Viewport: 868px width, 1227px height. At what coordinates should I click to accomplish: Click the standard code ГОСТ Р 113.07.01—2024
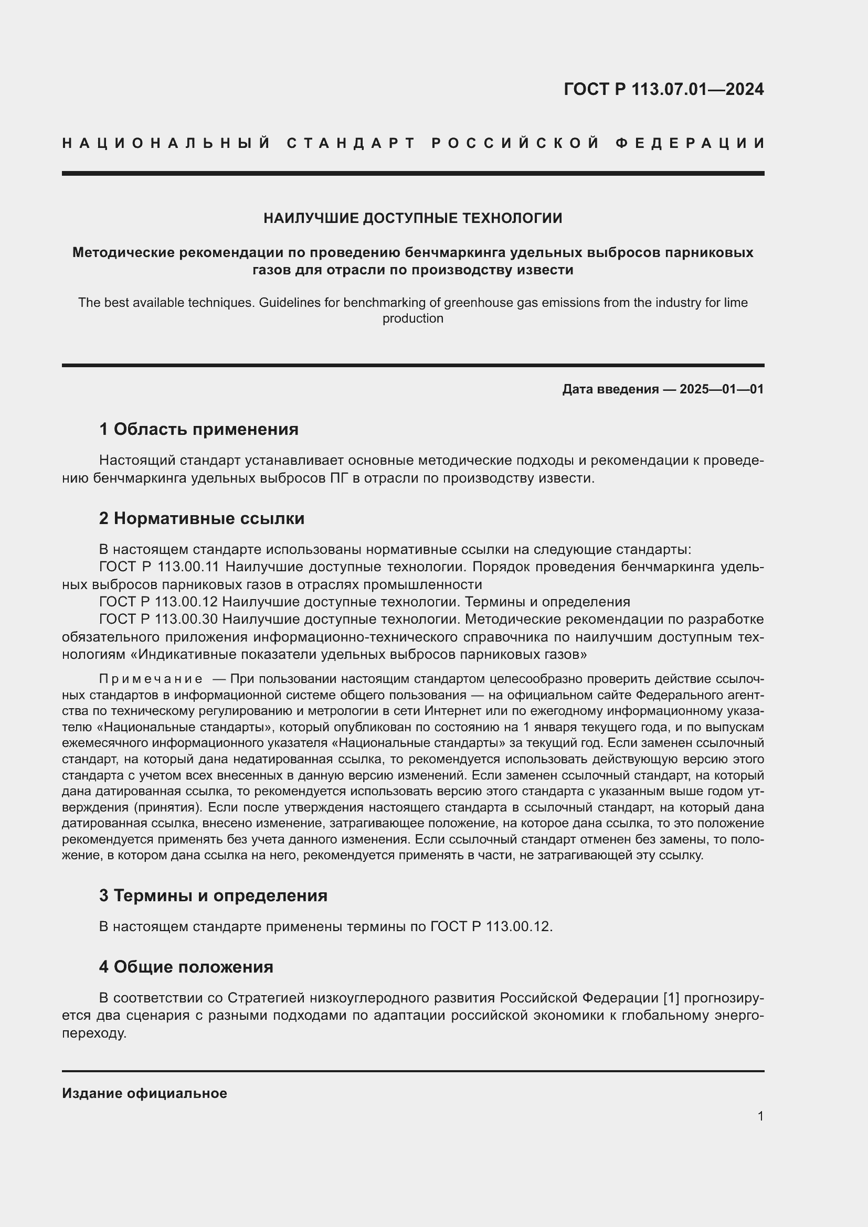[x=663, y=89]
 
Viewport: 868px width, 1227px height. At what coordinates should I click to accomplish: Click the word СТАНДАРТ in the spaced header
[x=351, y=143]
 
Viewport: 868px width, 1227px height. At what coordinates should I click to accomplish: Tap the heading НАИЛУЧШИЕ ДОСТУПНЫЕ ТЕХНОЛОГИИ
[x=412, y=218]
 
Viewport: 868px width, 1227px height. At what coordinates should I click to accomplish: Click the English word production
[x=412, y=318]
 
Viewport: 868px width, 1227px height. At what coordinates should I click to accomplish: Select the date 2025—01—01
[x=722, y=389]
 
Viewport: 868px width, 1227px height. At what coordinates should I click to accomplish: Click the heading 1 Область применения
[x=199, y=429]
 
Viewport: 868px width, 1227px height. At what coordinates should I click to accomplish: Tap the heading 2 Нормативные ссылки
[x=202, y=518]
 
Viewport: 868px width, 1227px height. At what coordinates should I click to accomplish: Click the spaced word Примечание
[x=151, y=679]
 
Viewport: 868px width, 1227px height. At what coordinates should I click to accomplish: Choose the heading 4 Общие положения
[x=186, y=967]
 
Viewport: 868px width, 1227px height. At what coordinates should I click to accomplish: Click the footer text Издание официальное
[x=144, y=1093]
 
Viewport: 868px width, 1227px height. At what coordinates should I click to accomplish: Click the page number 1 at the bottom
[x=760, y=1116]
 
